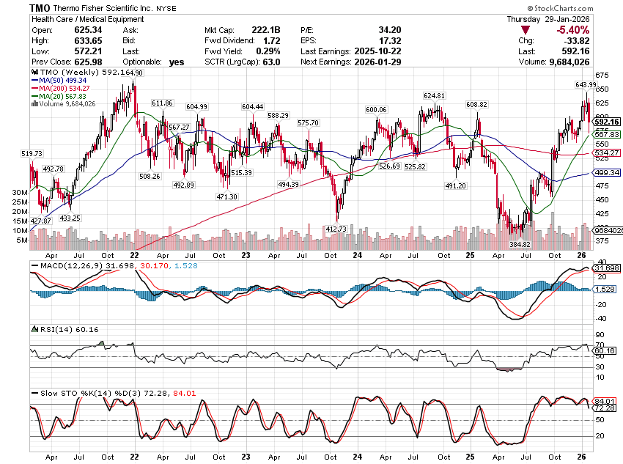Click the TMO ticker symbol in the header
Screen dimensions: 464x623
[x=40, y=7]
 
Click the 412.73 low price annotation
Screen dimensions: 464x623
[x=335, y=229]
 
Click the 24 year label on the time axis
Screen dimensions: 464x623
[x=357, y=255]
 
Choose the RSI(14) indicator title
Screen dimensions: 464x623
[x=48, y=330]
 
